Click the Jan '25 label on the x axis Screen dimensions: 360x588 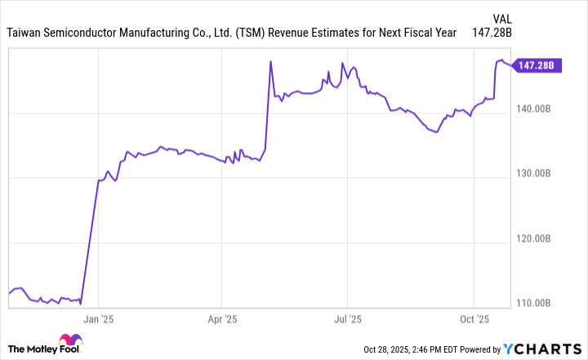coord(97,320)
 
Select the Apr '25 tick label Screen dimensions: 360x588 coord(222,320)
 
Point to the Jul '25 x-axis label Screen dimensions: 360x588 coord(348,320)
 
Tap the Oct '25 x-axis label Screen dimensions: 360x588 coord(474,320)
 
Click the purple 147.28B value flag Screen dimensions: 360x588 coord(536,65)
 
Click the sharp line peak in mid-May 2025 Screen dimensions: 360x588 coord(270,61)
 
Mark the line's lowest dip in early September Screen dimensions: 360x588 coord(437,131)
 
